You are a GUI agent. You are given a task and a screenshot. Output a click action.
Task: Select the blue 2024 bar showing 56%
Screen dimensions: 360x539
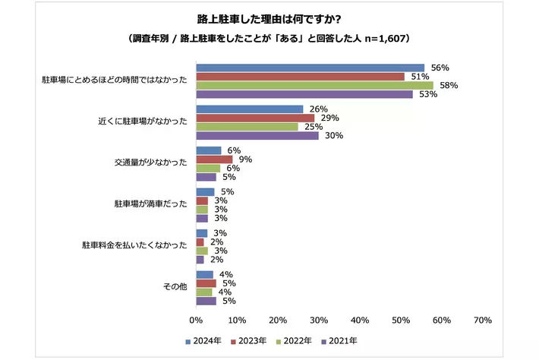tap(310, 68)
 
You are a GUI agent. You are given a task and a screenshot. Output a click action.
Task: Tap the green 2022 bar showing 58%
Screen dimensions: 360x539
tap(314, 86)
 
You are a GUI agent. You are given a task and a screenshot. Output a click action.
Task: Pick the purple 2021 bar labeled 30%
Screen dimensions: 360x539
tap(257, 136)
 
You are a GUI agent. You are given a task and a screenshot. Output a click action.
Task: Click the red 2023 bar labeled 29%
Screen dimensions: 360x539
tap(255, 118)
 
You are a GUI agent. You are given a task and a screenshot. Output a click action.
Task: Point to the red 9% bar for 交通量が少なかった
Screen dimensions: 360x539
tap(214, 159)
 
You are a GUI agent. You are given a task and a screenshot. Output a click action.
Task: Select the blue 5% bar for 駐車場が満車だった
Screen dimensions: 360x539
tap(206, 192)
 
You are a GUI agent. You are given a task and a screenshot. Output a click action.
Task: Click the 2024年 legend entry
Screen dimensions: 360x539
tap(206, 341)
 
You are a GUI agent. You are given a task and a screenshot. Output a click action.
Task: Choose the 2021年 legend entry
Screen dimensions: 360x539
tap(339, 341)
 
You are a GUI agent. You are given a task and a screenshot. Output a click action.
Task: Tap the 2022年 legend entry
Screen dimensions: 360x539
tap(295, 341)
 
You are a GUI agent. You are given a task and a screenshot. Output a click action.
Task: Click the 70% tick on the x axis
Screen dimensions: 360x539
tap(482, 321)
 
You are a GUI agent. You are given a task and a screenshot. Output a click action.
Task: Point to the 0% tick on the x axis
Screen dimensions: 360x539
tap(197, 321)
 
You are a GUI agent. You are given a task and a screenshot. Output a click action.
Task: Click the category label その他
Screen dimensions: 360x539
tap(175, 286)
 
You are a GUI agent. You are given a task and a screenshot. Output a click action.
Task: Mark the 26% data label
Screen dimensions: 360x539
tap(319, 109)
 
